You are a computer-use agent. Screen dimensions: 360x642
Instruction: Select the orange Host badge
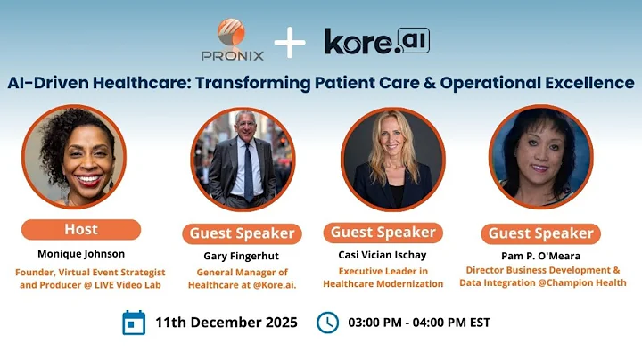[81, 229]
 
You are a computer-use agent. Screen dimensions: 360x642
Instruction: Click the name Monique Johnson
[81, 253]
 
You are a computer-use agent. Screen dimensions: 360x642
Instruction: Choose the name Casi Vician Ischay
[383, 255]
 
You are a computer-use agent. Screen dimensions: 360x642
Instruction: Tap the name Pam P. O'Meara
[540, 255]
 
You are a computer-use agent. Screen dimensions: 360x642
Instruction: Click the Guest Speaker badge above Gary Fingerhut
[242, 233]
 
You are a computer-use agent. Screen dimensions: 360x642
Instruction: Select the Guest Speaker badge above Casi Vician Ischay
[383, 232]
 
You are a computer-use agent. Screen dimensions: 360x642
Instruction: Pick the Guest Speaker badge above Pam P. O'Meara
[540, 233]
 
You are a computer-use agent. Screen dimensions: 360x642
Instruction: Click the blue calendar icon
[134, 322]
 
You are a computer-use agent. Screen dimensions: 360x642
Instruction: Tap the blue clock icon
[327, 322]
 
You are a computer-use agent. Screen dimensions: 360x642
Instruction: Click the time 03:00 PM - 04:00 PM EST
[418, 322]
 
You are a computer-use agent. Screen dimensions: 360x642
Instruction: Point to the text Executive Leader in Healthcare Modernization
[383, 277]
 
